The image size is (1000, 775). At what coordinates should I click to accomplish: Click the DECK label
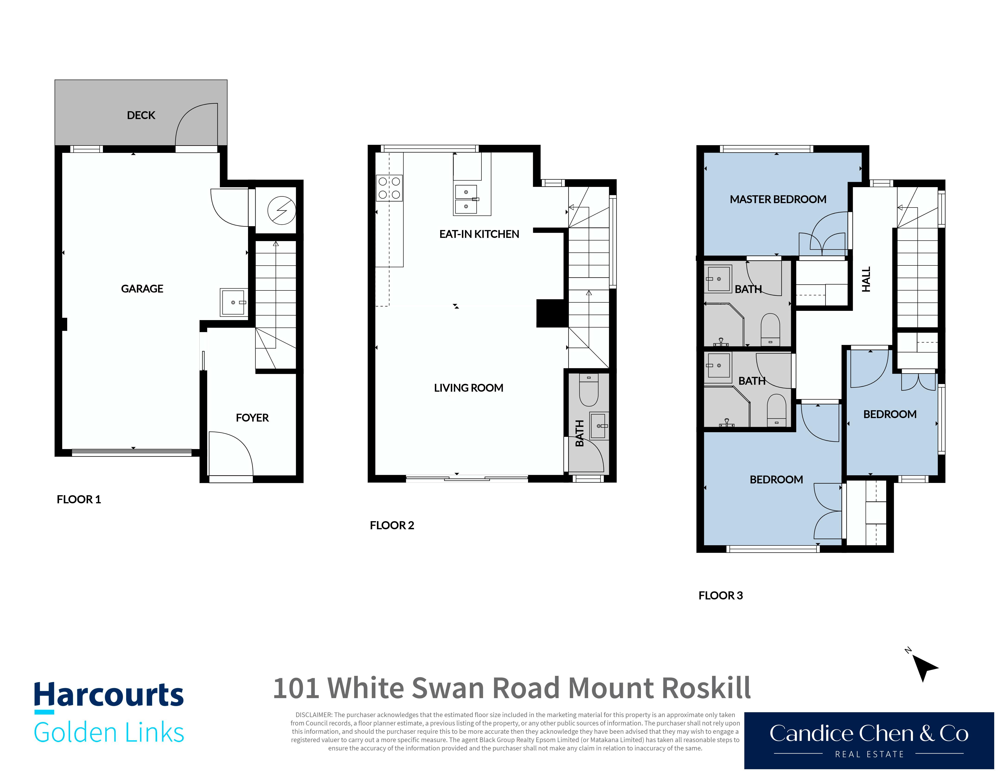[141, 115]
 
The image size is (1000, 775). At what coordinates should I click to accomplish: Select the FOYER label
[252, 418]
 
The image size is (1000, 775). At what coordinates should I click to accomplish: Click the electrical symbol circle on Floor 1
[282, 211]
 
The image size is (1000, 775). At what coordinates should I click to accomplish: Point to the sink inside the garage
[234, 302]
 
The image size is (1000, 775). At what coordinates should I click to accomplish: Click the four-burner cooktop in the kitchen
[389, 188]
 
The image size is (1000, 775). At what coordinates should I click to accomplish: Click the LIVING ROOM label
[468, 388]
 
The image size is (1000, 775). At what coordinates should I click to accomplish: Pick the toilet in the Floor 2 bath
[589, 390]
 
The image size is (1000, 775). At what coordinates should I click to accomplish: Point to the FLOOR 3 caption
[721, 596]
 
